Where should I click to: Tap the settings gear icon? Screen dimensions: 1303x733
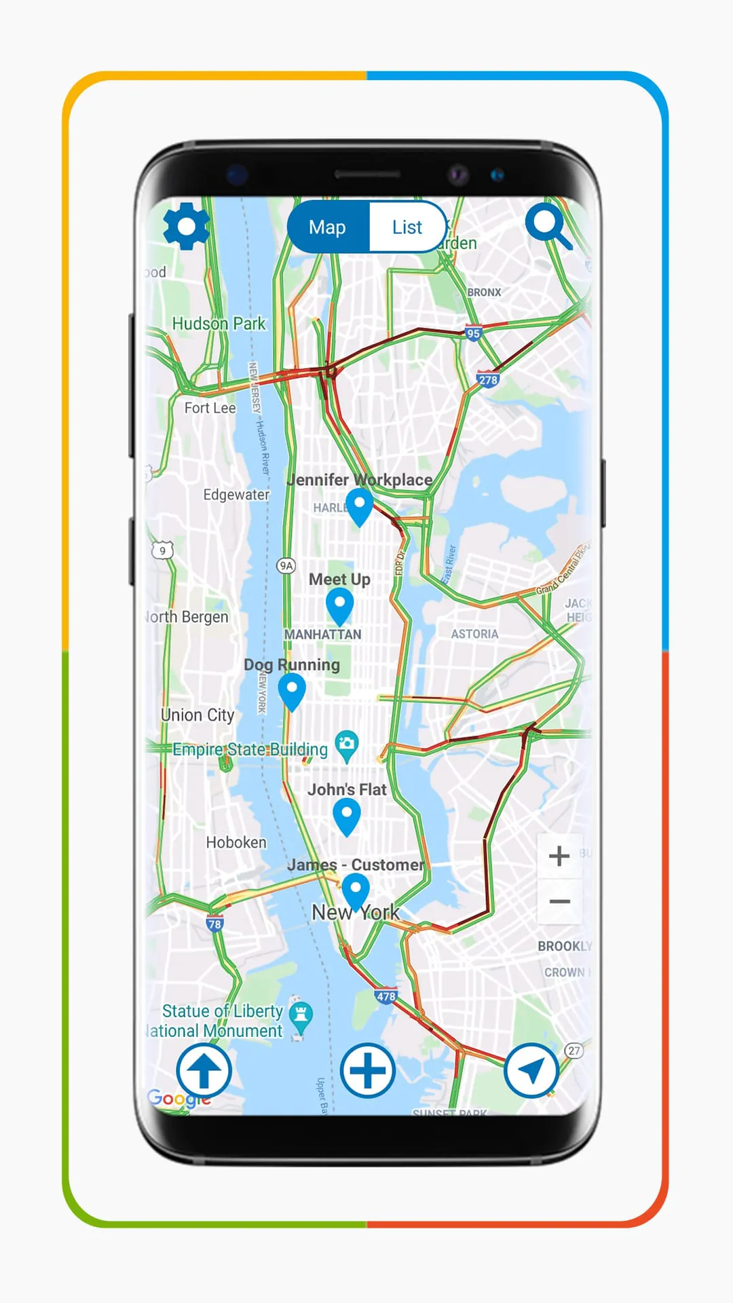click(186, 226)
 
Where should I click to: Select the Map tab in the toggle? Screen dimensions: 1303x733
click(328, 227)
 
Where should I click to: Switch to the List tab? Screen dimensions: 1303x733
click(407, 227)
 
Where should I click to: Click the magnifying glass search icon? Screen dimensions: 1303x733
click(547, 225)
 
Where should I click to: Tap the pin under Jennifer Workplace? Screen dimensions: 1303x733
click(359, 506)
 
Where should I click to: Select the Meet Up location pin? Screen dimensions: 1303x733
click(339, 605)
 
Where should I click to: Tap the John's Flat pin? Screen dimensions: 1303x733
click(347, 815)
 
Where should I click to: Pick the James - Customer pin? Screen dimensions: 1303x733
click(355, 890)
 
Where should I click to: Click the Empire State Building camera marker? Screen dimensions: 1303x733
click(347, 744)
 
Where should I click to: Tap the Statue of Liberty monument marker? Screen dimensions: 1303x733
click(301, 1016)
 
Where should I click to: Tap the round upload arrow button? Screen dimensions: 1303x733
click(204, 1071)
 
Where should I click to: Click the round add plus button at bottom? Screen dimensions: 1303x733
click(367, 1071)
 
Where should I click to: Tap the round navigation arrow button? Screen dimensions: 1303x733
click(531, 1071)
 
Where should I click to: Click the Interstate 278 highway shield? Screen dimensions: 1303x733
click(488, 379)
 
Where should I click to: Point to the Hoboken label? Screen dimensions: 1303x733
click(236, 842)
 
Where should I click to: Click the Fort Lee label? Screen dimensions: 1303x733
click(210, 408)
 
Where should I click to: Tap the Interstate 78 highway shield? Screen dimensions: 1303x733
click(214, 924)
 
